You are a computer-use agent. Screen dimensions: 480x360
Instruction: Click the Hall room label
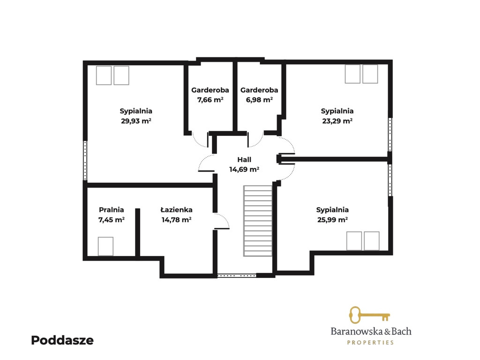pyautogui.click(x=244, y=159)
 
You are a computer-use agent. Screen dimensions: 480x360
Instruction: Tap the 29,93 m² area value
pyautogui.click(x=136, y=121)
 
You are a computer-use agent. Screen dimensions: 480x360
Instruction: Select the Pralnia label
pyautogui.click(x=112, y=210)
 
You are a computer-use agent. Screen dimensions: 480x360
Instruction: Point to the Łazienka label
pyautogui.click(x=176, y=210)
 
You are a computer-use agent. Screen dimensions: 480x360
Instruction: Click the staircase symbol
pyautogui.click(x=258, y=221)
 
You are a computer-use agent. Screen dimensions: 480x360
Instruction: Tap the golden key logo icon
pyautogui.click(x=369, y=315)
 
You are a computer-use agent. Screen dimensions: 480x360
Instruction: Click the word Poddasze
pyautogui.click(x=62, y=340)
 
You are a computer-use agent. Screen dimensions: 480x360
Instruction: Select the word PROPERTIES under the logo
pyautogui.click(x=370, y=343)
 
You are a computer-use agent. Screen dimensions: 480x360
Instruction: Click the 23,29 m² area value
pyautogui.click(x=337, y=121)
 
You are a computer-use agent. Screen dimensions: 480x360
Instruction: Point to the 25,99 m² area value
pyautogui.click(x=332, y=220)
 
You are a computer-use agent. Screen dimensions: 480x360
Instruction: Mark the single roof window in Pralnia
pyautogui.click(x=105, y=246)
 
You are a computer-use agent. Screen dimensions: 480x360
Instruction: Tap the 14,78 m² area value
pyautogui.click(x=176, y=220)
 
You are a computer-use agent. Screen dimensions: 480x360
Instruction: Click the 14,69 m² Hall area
pyautogui.click(x=244, y=169)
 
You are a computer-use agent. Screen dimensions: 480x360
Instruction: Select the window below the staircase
pyautogui.click(x=237, y=276)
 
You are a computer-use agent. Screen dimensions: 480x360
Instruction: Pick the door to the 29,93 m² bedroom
pyautogui.click(x=207, y=163)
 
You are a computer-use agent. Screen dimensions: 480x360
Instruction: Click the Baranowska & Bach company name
pyautogui.click(x=371, y=331)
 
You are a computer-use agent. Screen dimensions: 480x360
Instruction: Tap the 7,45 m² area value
pyautogui.click(x=112, y=220)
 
